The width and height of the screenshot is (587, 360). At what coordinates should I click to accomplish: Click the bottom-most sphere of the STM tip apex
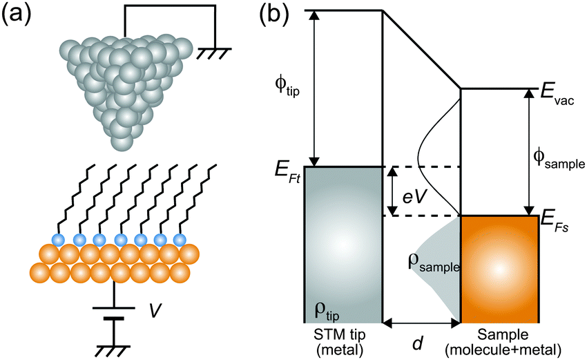click(122, 143)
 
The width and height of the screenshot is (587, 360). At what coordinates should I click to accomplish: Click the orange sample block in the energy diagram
click(499, 269)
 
